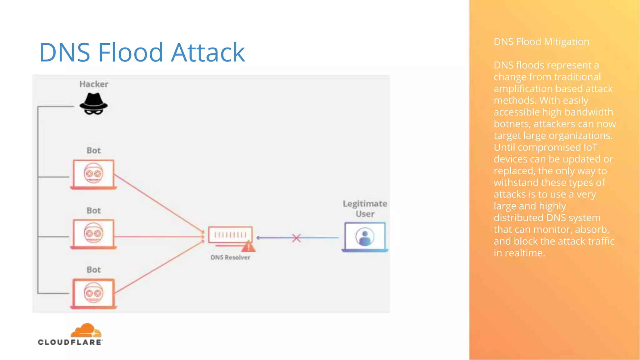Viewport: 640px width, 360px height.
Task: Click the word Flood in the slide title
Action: coord(131,52)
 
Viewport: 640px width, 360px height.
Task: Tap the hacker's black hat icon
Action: coord(93,104)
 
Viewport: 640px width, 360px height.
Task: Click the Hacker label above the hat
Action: coord(93,84)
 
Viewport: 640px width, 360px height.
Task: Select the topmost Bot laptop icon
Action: coord(93,174)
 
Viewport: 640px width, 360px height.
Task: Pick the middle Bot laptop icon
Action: coord(93,234)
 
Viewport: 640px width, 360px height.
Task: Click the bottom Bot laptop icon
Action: coord(93,293)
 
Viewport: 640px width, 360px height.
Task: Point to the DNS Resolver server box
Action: coord(230,235)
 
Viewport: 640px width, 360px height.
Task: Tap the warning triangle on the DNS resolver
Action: coord(248,247)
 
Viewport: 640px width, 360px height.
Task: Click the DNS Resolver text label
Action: coord(230,257)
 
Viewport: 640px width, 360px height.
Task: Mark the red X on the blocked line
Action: coord(296,238)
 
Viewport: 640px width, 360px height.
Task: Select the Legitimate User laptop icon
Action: coord(365,237)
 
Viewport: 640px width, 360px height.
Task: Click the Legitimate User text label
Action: coord(365,208)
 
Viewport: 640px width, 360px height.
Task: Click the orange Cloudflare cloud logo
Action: coord(86,331)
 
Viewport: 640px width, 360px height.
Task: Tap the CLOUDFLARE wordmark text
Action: coord(70,342)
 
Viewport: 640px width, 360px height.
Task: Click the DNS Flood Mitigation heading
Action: coord(541,42)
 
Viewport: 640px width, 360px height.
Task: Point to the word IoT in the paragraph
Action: coord(590,147)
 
